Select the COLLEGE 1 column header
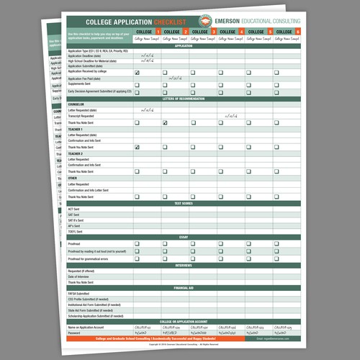point(147,32)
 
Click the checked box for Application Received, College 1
point(137,73)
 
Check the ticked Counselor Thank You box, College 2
point(165,123)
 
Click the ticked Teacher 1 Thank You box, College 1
point(137,147)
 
